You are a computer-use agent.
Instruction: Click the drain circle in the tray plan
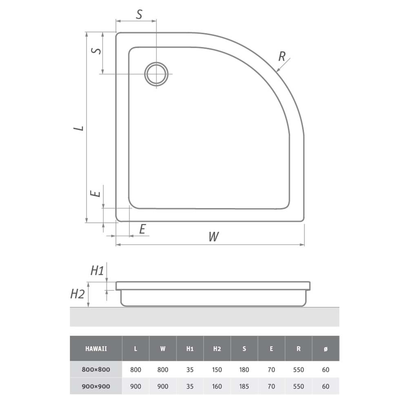point(156,62)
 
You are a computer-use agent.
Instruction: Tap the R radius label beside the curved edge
point(282,56)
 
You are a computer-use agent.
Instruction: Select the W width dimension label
point(214,237)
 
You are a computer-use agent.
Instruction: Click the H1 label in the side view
point(97,271)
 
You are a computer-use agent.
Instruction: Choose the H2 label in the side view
point(78,294)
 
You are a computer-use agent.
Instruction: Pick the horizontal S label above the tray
point(139,15)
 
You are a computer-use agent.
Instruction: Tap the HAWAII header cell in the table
point(96,349)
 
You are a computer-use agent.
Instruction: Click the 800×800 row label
point(96,370)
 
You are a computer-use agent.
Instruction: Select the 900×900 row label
point(96,386)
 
